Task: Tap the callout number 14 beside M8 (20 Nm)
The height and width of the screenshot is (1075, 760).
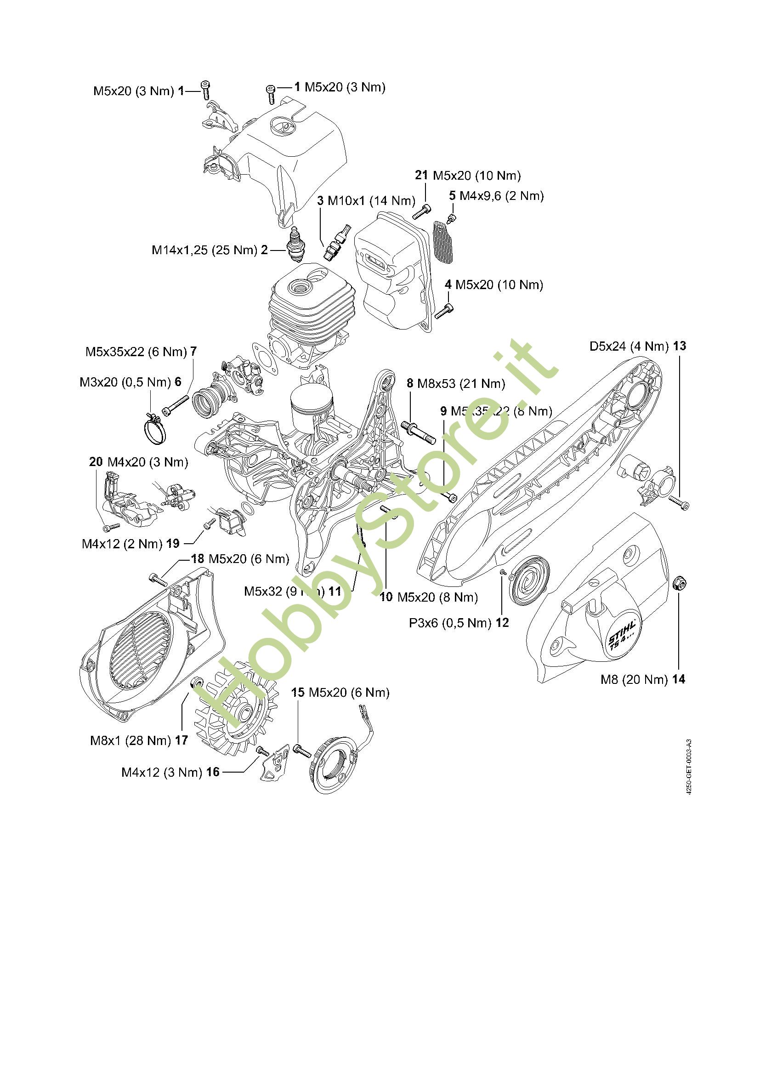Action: [679, 679]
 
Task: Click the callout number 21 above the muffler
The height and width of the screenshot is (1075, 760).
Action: [421, 175]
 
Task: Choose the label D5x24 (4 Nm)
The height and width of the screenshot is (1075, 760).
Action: [629, 347]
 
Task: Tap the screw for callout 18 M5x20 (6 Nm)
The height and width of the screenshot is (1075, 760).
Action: [158, 579]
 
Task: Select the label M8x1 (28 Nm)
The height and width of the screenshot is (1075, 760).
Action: [130, 740]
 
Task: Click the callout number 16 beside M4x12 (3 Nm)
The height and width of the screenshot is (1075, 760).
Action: [213, 772]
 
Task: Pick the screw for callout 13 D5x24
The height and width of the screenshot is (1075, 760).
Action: [679, 502]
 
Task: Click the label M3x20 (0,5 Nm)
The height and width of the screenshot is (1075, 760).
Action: [125, 382]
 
